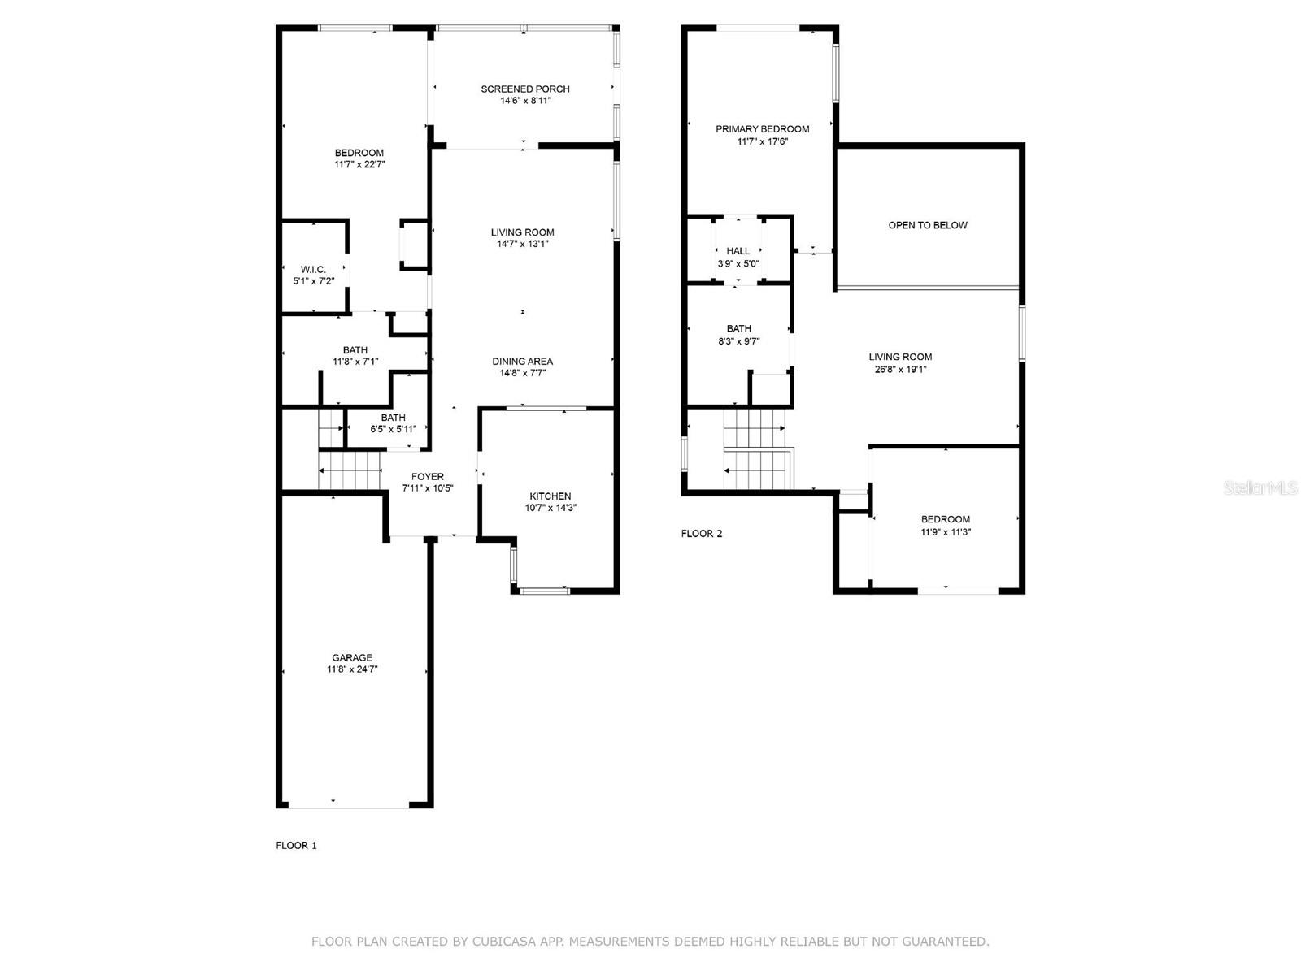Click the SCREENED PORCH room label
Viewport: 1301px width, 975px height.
tap(524, 89)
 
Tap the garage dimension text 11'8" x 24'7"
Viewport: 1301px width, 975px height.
tap(352, 669)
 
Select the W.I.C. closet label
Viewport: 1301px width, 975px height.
tap(313, 269)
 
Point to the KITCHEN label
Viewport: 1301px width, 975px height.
tap(550, 496)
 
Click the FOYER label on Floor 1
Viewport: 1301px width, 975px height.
tap(428, 477)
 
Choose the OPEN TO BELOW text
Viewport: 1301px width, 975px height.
tap(928, 225)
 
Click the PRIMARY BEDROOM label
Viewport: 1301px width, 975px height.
tap(762, 128)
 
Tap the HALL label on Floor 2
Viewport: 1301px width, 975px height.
tap(738, 251)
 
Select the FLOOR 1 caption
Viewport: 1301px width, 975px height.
tap(297, 845)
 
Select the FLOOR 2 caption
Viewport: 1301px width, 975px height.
tap(702, 534)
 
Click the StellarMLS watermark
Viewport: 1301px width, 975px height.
tap(1260, 487)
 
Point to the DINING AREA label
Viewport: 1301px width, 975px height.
tap(522, 362)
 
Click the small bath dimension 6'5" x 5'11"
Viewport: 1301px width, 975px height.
tap(394, 429)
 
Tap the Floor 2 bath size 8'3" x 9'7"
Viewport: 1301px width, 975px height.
tap(738, 341)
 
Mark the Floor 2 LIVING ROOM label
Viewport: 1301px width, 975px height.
tap(900, 357)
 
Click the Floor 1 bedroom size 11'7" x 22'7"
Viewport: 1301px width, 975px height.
tap(359, 164)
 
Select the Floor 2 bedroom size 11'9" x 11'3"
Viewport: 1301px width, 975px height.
tap(946, 532)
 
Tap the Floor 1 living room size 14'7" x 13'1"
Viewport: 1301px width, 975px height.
tap(522, 244)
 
